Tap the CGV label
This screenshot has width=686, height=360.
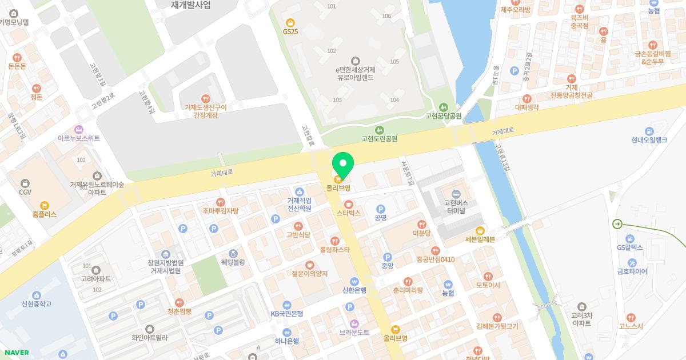click(x=25, y=192)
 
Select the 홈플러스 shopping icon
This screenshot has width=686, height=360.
click(x=45, y=206)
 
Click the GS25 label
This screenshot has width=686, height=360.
click(x=290, y=31)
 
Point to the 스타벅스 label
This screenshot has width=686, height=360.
click(x=348, y=213)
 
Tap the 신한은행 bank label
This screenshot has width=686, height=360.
click(x=354, y=290)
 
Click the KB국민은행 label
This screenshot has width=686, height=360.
click(x=286, y=313)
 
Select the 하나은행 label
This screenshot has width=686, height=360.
click(x=286, y=341)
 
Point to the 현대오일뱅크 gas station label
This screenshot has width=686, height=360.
click(x=649, y=139)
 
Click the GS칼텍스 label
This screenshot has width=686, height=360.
click(x=630, y=247)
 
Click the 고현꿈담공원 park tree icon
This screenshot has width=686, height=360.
click(x=443, y=107)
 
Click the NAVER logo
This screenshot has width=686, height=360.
click(x=16, y=352)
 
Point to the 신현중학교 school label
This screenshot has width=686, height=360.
click(x=37, y=303)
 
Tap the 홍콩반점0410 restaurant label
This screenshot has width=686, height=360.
click(x=435, y=259)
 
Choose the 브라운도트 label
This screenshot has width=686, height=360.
click(x=354, y=331)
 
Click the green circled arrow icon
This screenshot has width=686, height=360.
click(x=617, y=224)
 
